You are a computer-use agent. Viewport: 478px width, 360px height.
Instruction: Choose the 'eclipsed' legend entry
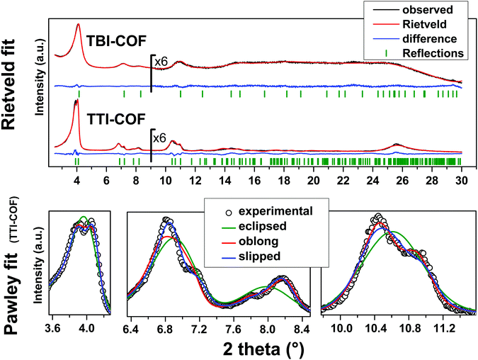click(x=271, y=228)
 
